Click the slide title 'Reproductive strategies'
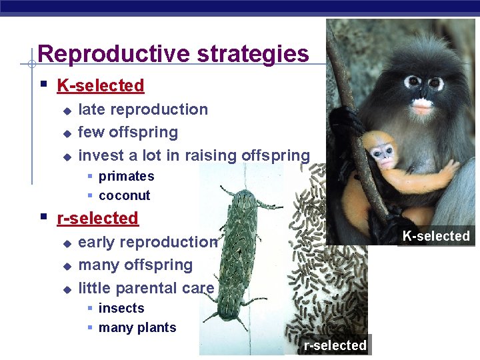pyautogui.click(x=173, y=53)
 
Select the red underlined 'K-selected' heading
pyautogui.click(x=101, y=85)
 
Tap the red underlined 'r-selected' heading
pyautogui.click(x=98, y=218)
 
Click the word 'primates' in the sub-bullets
pyautogui.click(x=126, y=176)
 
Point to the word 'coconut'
pyautogui.click(x=124, y=195)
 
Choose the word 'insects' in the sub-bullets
pyautogui.click(x=121, y=308)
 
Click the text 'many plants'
pyautogui.click(x=137, y=327)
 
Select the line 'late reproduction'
pyautogui.click(x=143, y=109)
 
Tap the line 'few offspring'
pyautogui.click(x=128, y=132)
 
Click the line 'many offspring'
pyautogui.click(x=135, y=265)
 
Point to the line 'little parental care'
pyautogui.click(x=146, y=288)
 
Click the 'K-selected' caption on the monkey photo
pyautogui.click(x=436, y=236)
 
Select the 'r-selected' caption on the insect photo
pyautogui.click(x=335, y=345)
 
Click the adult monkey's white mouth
pyautogui.click(x=421, y=105)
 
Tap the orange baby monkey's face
pyautogui.click(x=383, y=155)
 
